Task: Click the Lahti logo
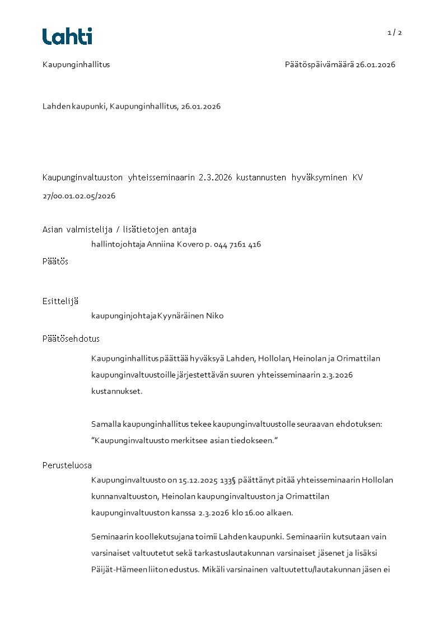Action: [67, 36]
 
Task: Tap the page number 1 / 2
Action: [395, 32]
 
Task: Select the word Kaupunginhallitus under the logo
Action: [76, 64]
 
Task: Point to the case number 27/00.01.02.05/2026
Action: [79, 196]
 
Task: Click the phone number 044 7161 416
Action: [237, 244]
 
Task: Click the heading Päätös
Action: [55, 262]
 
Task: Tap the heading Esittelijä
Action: [60, 301]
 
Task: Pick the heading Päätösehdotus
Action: [71, 339]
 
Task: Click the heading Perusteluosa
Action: [67, 465]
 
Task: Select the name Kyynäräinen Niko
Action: [191, 316]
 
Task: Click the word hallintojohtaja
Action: [118, 244]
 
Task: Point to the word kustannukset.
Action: [116, 391]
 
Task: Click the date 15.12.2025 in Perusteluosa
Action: [199, 480]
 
